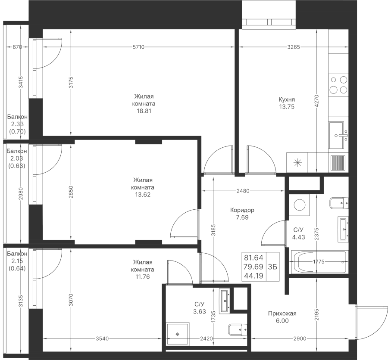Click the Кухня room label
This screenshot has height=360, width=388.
pyautogui.click(x=287, y=99)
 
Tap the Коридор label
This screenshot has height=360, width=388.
pyautogui.click(x=242, y=210)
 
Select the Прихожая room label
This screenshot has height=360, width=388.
pyautogui.click(x=282, y=313)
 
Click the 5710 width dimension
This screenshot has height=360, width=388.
pyautogui.click(x=138, y=47)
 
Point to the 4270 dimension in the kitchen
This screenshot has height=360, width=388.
pyautogui.click(x=317, y=101)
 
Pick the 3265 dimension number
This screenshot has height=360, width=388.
pyautogui.click(x=294, y=47)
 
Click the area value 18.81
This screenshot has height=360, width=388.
pyautogui.click(x=144, y=111)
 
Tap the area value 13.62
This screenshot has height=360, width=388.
pyautogui.click(x=143, y=195)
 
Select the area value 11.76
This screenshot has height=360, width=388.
pyautogui.click(x=143, y=277)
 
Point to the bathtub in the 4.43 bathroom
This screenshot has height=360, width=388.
pyautogui.click(x=319, y=262)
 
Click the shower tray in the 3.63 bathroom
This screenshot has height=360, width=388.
pyautogui.click(x=178, y=334)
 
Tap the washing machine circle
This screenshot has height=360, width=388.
pyautogui.click(x=300, y=205)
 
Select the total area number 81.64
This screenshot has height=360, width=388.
pyautogui.click(x=253, y=258)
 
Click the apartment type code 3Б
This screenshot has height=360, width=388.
pyautogui.click(x=272, y=267)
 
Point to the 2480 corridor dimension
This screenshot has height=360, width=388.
pyautogui.click(x=243, y=191)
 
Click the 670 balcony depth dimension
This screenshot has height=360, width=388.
pyautogui.click(x=17, y=47)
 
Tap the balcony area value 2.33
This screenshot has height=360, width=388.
pyautogui.click(x=17, y=124)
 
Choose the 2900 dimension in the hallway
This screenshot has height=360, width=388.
pyautogui.click(x=300, y=338)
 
